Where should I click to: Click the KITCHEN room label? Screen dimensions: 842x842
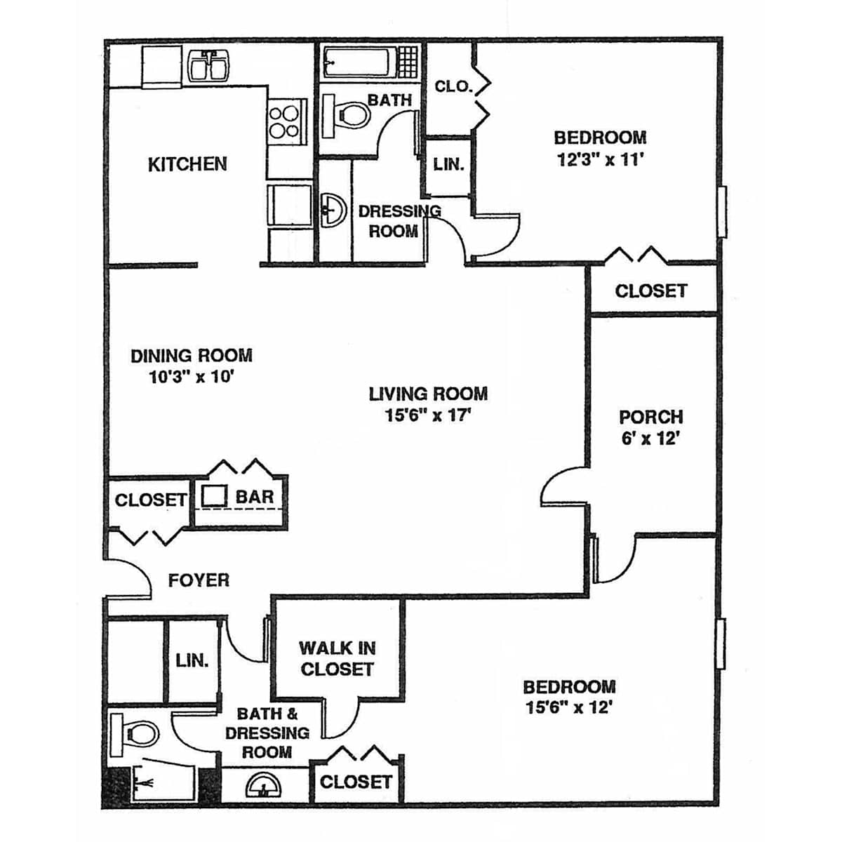187,164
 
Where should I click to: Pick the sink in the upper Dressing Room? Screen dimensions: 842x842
334,211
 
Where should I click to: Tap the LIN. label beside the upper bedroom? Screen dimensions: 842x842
448,165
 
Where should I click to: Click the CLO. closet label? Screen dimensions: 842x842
454,86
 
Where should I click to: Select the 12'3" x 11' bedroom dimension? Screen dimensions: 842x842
600,160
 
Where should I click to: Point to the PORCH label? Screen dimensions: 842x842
650,417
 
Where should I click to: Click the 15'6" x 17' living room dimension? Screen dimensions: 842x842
428,415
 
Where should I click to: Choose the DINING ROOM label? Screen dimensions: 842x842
192,356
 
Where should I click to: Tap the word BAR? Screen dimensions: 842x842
254,497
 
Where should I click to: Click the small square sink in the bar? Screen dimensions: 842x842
214,496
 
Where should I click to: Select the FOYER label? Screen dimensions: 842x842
199,580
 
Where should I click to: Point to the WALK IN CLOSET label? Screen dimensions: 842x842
337,658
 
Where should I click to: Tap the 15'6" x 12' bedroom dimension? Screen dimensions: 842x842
568,707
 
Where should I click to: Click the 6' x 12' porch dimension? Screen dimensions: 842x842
650,439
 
